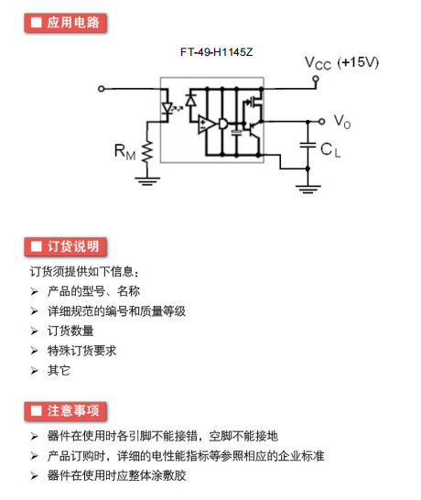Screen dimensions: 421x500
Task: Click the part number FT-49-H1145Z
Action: pos(216,52)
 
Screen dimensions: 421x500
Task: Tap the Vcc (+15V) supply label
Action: pos(341,63)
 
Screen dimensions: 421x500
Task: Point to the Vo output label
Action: pos(342,122)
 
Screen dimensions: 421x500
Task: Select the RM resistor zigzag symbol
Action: pos(147,152)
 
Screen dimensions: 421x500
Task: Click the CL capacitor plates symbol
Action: pos(308,146)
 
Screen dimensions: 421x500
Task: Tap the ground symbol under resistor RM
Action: pos(147,180)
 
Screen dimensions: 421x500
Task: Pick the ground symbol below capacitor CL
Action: pos(308,189)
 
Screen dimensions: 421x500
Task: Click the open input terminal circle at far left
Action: pos(102,89)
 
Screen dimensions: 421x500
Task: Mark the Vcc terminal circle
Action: pos(316,79)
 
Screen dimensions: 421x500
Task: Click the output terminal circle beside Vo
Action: pos(322,122)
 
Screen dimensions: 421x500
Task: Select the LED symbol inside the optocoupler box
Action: pos(167,108)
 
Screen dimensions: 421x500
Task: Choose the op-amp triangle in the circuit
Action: pos(206,124)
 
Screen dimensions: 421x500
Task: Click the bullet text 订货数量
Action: pos(70,331)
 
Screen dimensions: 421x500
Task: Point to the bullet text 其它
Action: pos(59,371)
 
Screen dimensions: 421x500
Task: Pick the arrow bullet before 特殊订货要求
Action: pos(35,351)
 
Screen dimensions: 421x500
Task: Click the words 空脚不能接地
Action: pos(243,436)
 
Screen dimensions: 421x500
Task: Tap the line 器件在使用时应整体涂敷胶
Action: pos(116,475)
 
